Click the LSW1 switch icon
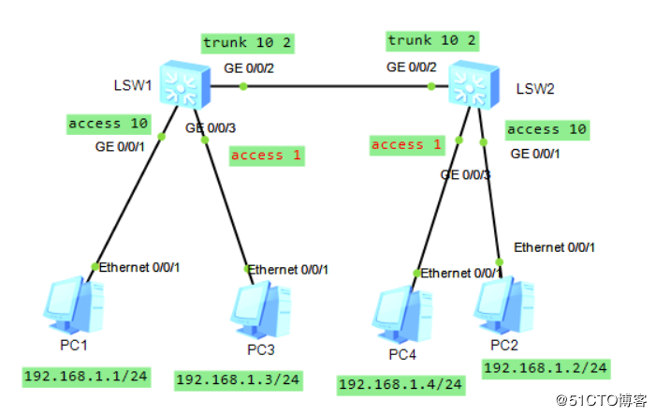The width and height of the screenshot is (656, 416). [185, 84]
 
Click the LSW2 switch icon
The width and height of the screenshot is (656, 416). [474, 84]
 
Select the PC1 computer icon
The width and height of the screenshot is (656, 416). [74, 305]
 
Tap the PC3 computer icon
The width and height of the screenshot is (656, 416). [261, 310]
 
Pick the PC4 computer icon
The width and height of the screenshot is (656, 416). [402, 314]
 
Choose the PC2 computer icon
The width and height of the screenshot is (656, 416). [504, 305]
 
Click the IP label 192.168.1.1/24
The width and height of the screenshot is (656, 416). [86, 377]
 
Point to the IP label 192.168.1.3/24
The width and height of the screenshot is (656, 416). [239, 380]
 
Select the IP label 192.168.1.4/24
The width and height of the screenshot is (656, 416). [401, 385]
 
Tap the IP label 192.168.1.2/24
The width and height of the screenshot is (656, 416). [546, 368]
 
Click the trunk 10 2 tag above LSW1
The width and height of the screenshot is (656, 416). [248, 43]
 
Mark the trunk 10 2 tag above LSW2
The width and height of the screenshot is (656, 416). [432, 41]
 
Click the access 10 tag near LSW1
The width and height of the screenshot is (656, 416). [109, 125]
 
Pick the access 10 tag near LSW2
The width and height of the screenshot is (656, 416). [547, 130]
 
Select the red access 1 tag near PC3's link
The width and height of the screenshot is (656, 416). [267, 156]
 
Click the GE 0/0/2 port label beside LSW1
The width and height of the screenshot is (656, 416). [249, 68]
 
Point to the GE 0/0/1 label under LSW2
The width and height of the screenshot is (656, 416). [535, 155]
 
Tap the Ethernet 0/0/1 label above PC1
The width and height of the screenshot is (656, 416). [139, 267]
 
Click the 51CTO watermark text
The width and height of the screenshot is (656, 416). [601, 400]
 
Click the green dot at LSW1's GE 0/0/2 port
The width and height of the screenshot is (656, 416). [243, 87]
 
